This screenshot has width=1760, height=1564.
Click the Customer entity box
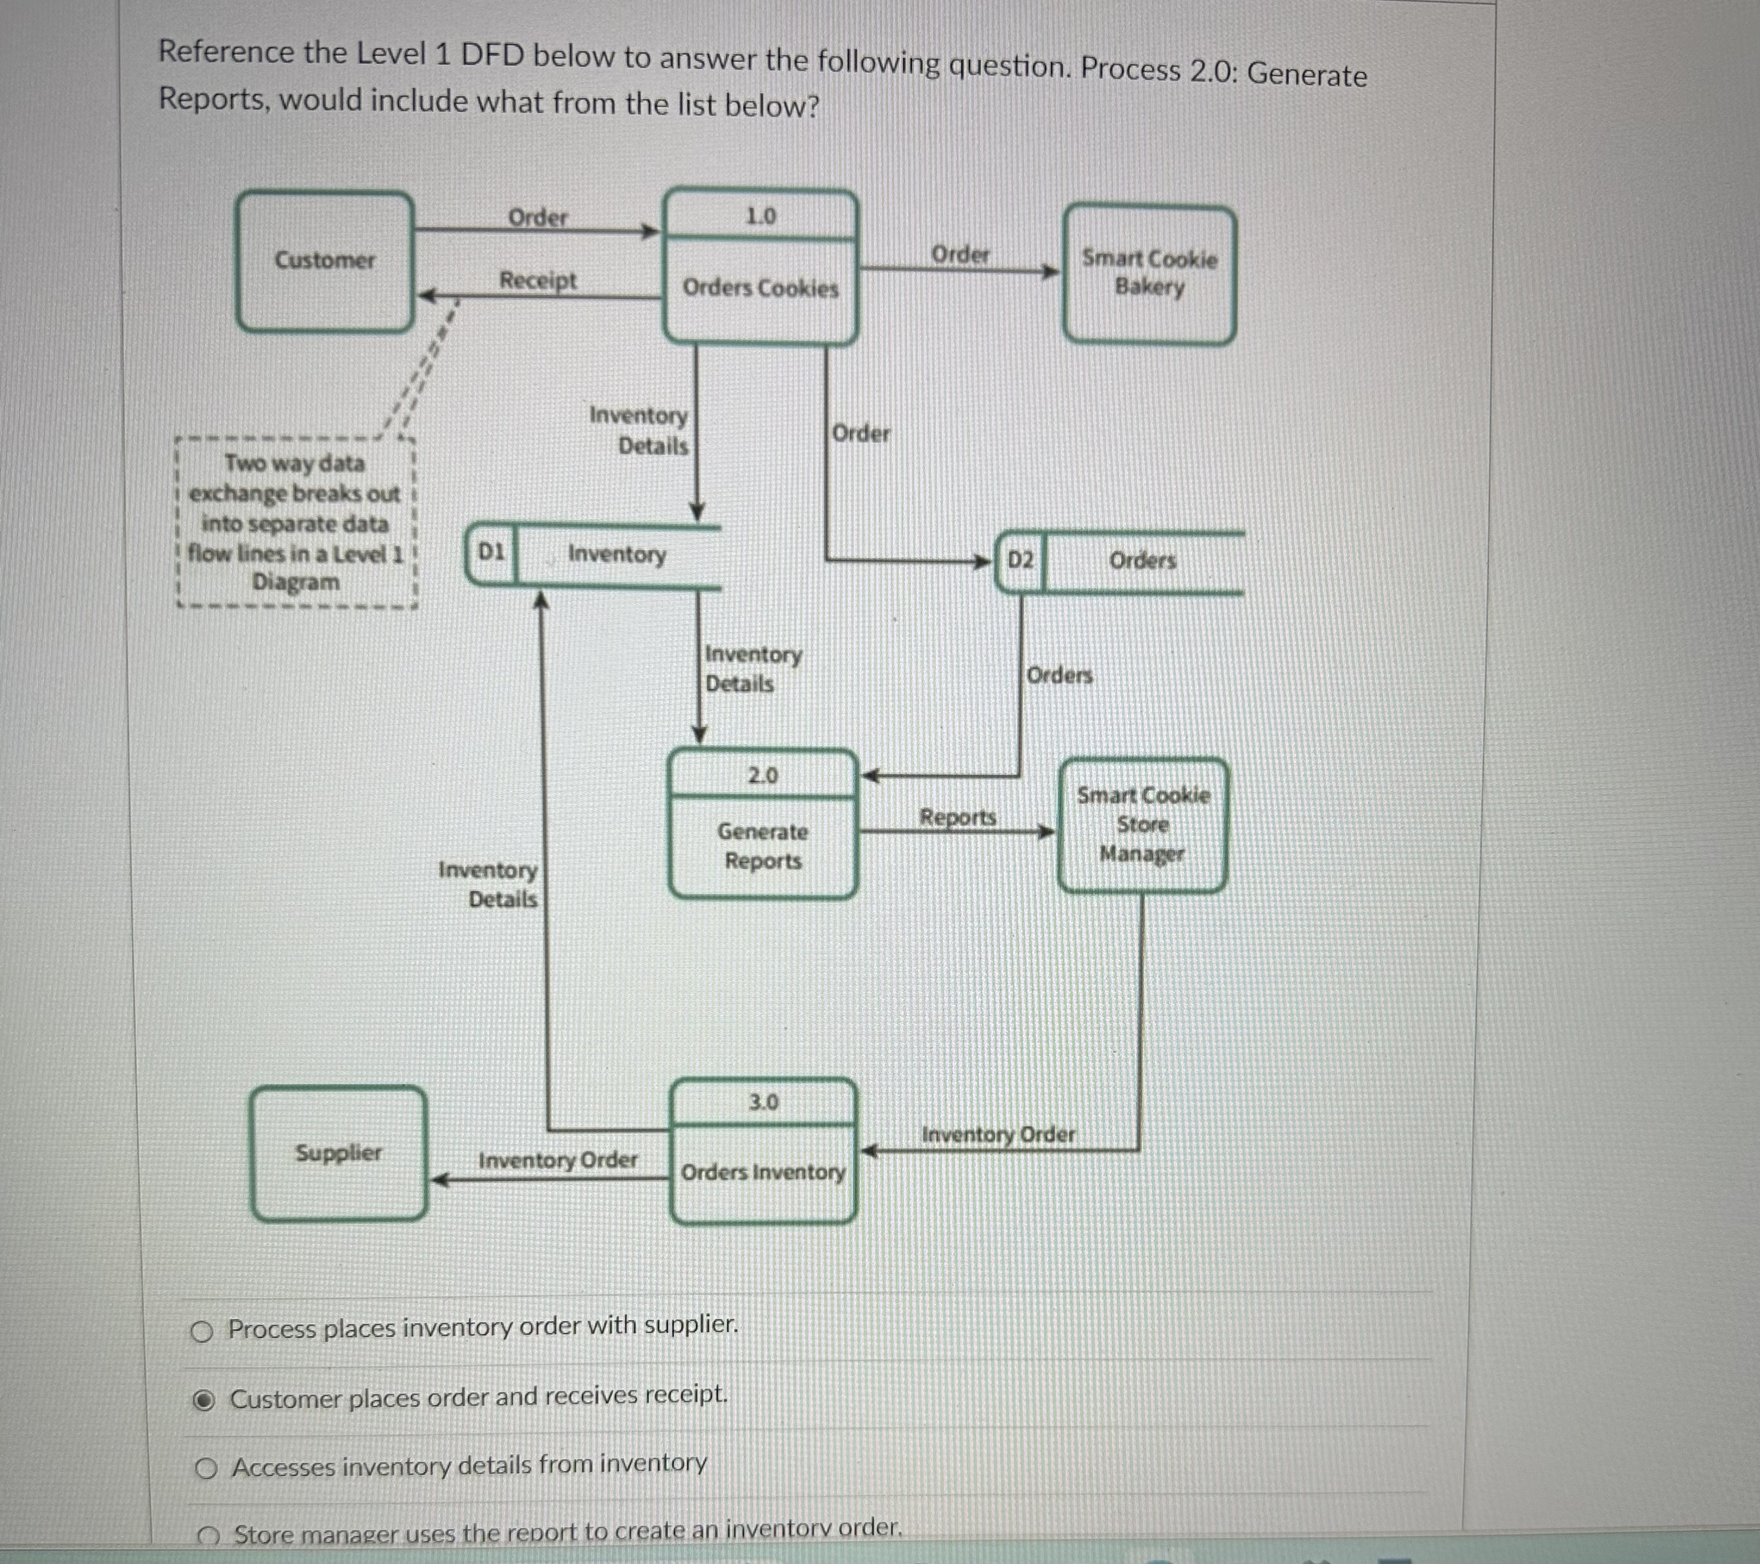325,260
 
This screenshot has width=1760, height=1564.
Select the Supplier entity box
338,1153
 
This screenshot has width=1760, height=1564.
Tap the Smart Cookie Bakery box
1149,273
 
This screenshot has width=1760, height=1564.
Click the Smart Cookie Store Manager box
1141,824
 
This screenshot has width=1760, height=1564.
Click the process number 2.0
763,776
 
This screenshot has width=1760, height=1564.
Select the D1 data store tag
491,552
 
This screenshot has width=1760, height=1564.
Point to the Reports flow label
957,816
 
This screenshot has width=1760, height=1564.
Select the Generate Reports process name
763,846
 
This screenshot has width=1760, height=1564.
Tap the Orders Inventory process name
763,1172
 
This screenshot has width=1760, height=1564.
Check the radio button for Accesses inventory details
206,1468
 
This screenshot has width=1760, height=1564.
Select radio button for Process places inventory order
201,1333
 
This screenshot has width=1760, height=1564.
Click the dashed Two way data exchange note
296,522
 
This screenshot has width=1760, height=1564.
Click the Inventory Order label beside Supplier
558,1160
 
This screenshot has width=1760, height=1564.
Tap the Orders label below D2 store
1059,675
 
